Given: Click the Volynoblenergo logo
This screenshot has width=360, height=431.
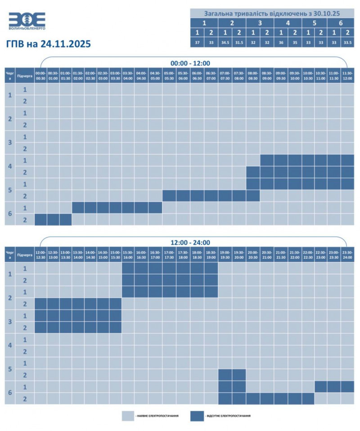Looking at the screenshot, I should [27, 21].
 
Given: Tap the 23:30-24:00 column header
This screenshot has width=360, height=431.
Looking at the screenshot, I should [347, 254].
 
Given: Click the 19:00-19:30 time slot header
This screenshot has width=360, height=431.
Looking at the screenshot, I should [225, 254].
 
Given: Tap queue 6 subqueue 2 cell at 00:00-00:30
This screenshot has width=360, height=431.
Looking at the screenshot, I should [40, 220].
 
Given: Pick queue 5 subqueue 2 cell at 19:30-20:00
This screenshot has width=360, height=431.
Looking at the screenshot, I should [239, 375].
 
